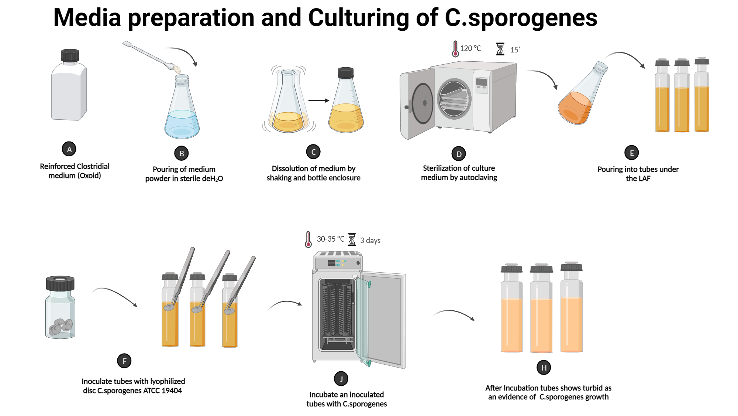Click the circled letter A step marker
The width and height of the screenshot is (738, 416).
click(x=69, y=149)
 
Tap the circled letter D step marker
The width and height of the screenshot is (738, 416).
click(x=459, y=154)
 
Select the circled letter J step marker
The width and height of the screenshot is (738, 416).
click(x=341, y=379)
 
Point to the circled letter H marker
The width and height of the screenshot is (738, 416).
click(x=544, y=368)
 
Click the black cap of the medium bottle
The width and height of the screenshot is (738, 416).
click(x=70, y=55)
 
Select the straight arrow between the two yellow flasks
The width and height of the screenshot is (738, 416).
click(x=318, y=100)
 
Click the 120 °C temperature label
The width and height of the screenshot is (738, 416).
click(x=470, y=48)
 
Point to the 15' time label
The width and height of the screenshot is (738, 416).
click(x=515, y=50)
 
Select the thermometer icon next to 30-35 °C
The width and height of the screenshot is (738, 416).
click(x=308, y=239)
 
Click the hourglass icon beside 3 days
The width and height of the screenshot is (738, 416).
click(x=352, y=239)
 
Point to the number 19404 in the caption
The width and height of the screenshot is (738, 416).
click(x=171, y=391)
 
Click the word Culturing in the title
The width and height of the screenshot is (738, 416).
click(x=358, y=17)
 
